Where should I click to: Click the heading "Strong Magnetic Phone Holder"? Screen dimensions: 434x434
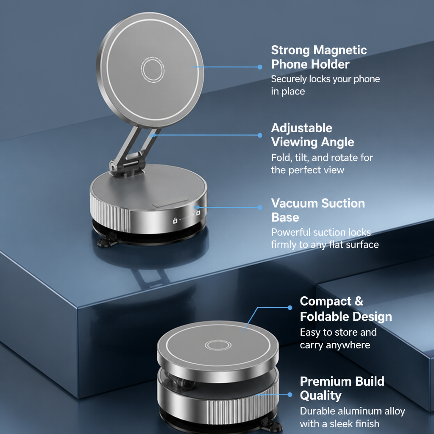319,57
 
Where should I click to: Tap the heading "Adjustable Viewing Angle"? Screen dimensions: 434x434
312,135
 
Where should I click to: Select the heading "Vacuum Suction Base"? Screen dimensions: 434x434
318,210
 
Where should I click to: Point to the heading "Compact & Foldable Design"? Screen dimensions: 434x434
346,309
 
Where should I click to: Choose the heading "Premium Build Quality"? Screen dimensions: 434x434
342,388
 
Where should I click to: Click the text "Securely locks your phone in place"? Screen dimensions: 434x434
325,85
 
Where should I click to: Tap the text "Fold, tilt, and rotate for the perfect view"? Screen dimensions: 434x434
322,164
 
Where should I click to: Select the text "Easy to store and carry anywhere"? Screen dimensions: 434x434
338,339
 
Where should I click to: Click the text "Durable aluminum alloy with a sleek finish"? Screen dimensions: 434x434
352,417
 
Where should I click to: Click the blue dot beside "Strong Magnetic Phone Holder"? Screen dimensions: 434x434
260,67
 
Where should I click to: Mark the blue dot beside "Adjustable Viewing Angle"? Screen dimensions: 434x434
260,135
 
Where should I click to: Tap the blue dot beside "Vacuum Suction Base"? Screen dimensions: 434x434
260,208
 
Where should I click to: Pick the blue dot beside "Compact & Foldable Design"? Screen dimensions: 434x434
290,308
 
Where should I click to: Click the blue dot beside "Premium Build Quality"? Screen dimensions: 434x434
290,395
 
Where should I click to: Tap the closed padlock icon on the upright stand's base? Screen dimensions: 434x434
175,220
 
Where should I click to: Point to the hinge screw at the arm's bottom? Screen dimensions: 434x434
113,167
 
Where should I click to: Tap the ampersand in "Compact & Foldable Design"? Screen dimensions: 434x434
359,301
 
